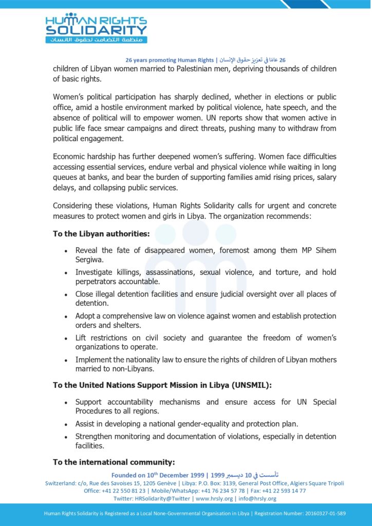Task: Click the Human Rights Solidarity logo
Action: click(96, 28)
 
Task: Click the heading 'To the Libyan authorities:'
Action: click(101, 234)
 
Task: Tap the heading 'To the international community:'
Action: click(114, 462)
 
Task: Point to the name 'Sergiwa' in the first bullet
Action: click(90, 259)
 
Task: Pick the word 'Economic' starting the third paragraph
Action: click(70, 156)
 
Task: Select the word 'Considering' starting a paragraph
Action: click(74, 206)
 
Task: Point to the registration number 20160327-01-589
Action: click(317, 513)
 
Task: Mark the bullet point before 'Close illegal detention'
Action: click(66, 295)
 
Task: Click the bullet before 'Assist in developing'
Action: click(66, 425)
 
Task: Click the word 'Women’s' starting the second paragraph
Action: click(68, 97)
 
